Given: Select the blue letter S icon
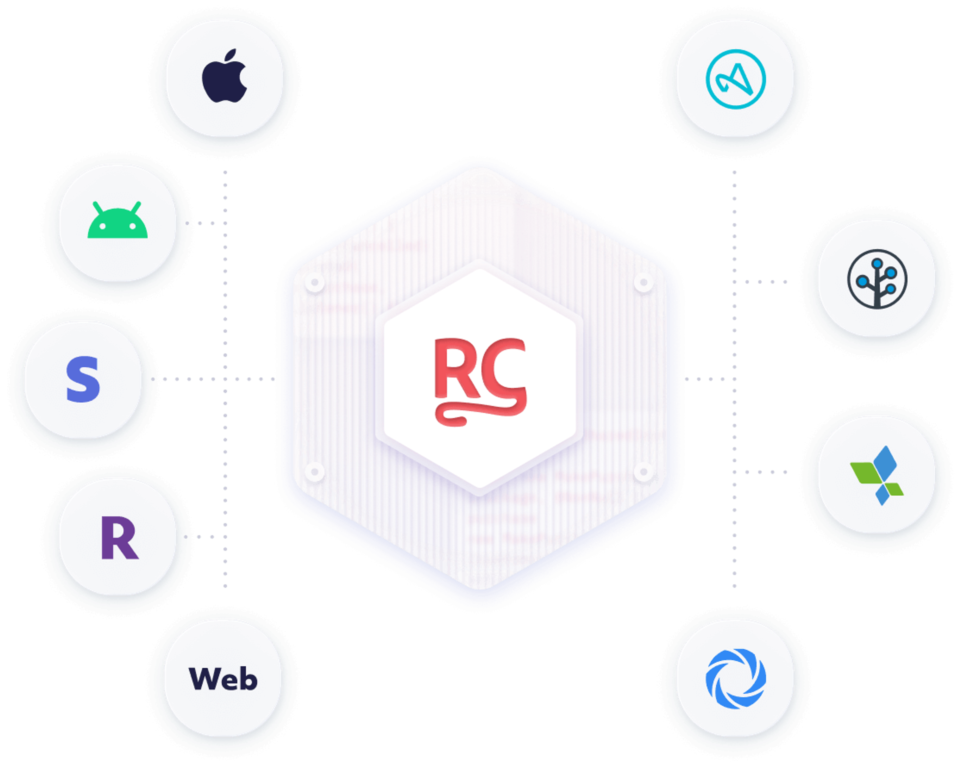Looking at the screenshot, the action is (x=83, y=379).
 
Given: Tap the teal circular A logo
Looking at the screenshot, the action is (x=735, y=79).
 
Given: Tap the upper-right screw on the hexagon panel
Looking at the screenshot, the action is (x=643, y=282).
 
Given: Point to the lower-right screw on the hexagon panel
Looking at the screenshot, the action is (x=643, y=472).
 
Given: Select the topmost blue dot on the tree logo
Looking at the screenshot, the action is (x=877, y=263).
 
